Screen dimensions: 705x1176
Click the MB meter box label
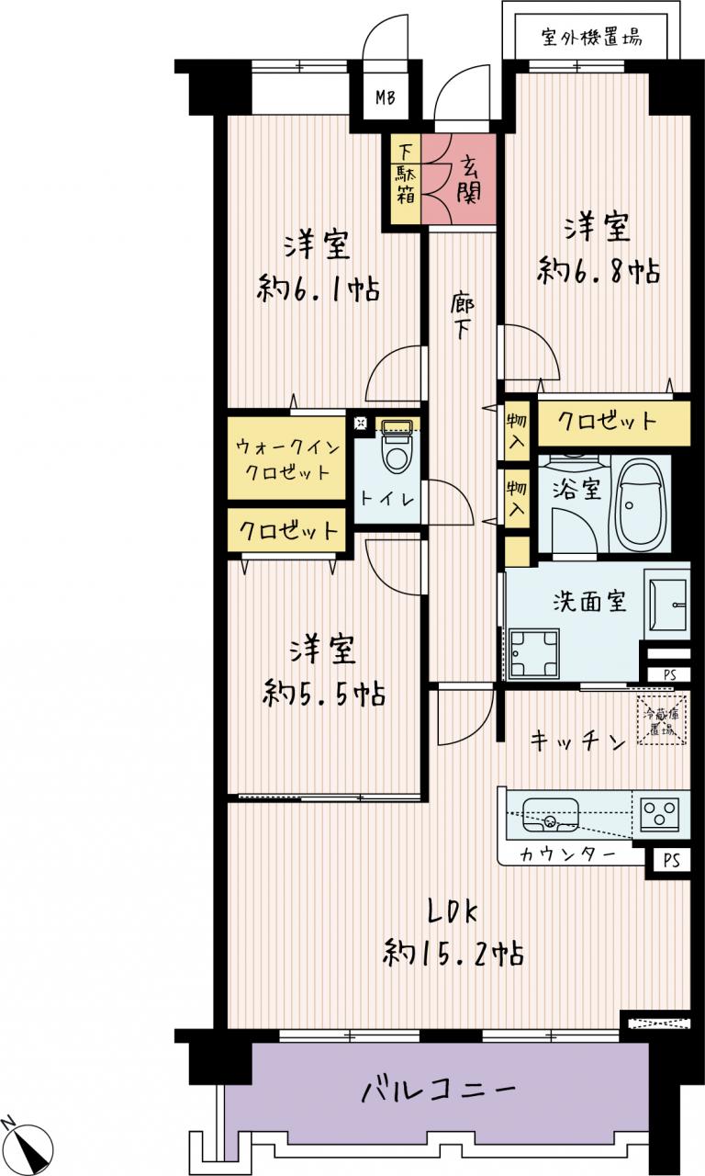[x=385, y=97]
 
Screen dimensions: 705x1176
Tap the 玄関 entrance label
[x=468, y=180]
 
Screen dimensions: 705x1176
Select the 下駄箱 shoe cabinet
[x=406, y=178]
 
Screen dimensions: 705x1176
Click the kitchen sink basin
[x=550, y=815]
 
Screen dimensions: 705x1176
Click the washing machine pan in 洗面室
[x=534, y=652]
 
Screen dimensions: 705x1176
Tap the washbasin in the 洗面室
[x=667, y=604]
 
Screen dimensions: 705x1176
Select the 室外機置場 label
[x=591, y=39]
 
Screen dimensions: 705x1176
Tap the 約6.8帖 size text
[x=598, y=271]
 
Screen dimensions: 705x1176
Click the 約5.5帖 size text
[x=324, y=693]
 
